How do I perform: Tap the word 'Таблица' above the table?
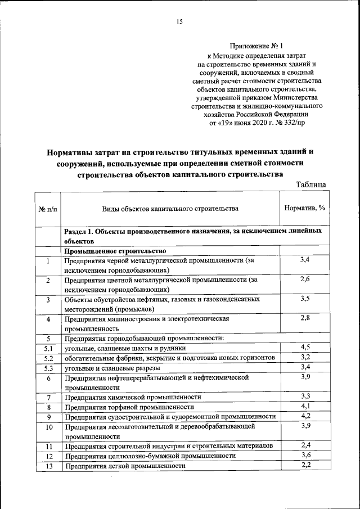[310, 184]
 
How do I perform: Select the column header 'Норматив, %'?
[304, 208]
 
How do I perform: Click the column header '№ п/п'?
[48, 209]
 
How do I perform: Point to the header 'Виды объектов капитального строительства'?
[170, 209]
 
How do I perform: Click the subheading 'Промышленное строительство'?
[115, 251]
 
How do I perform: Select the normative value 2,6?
[305, 279]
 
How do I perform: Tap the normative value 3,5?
[305, 298]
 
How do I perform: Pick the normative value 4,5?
[305, 347]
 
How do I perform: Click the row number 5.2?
[48, 358]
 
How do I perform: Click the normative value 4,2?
[305, 416]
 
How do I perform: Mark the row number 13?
[48, 466]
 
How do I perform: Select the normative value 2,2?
[305, 465]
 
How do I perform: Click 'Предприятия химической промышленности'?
[133, 397]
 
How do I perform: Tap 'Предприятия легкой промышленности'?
[125, 466]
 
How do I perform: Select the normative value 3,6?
[305, 455]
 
